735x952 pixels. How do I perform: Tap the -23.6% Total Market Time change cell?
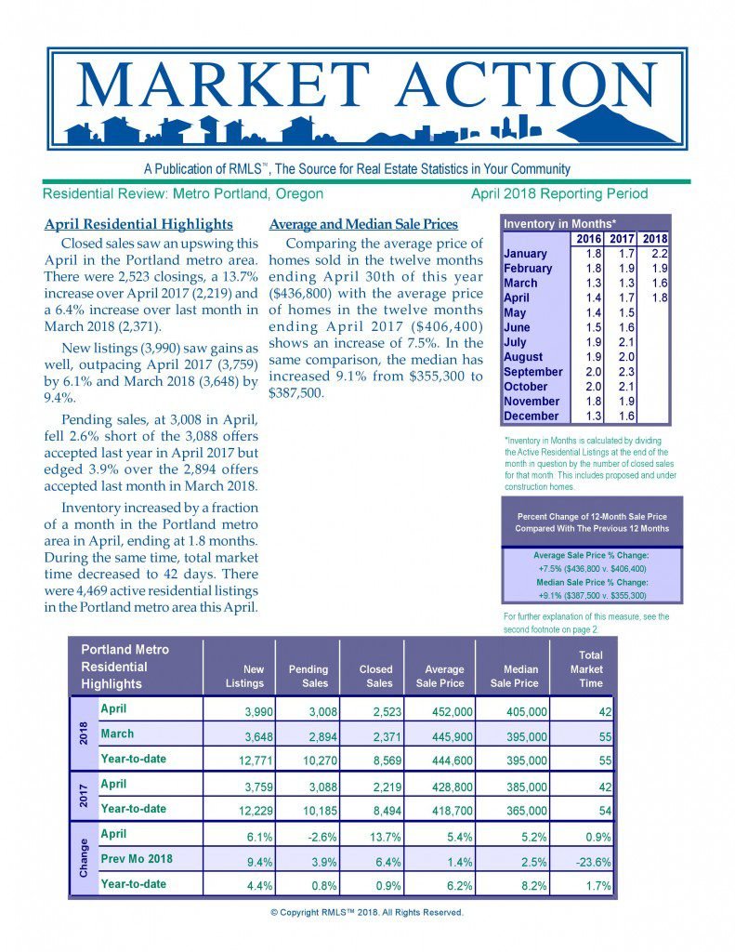590,861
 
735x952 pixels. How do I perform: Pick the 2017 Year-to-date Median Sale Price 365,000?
518,811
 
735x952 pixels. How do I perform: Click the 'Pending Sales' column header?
308,676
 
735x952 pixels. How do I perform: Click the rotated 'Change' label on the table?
84,858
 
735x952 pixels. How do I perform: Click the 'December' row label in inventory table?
532,416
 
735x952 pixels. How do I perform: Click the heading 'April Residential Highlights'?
138,224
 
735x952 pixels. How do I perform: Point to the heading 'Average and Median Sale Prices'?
362,224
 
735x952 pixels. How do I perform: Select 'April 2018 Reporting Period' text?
558,194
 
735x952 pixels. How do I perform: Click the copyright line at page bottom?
366,912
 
